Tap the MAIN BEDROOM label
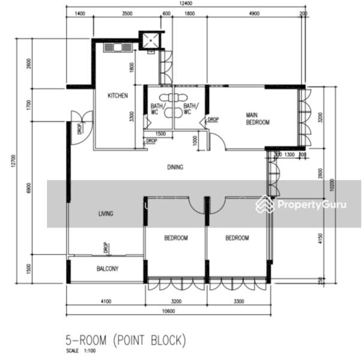[x=258, y=118]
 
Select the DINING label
[x=175, y=167]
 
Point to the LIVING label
[x=106, y=214]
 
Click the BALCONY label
[x=107, y=269]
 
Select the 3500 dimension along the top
[x=126, y=13]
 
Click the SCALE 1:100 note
[x=82, y=350]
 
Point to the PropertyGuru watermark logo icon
[x=264, y=205]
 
